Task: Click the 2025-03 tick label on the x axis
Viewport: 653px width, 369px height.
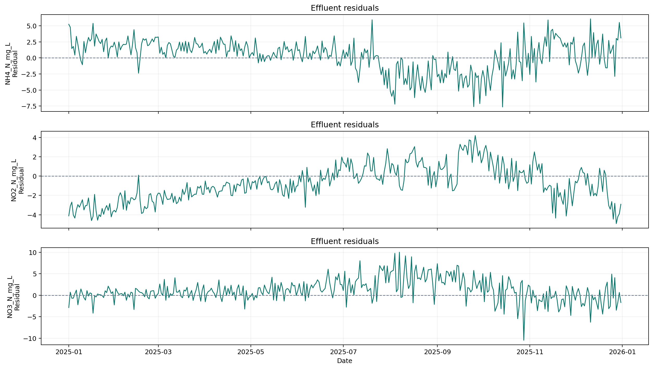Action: pos(158,352)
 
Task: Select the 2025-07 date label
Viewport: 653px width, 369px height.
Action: pos(343,352)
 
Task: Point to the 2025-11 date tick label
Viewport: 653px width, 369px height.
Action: pos(530,352)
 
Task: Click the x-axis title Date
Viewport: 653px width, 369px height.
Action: pos(344,361)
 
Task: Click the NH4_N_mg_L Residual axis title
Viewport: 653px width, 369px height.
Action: pos(11,64)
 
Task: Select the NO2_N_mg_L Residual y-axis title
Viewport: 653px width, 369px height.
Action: pos(17,180)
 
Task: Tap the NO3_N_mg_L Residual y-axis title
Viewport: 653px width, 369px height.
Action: pos(13,297)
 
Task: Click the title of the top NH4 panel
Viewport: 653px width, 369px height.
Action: pos(344,8)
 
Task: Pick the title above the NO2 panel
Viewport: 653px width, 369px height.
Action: pos(344,125)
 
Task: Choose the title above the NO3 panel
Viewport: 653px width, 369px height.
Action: pos(344,241)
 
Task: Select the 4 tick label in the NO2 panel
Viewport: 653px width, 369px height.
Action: pos(34,137)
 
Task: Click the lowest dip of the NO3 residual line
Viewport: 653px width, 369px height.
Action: pos(524,340)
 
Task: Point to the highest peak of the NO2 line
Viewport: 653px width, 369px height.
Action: pos(475,135)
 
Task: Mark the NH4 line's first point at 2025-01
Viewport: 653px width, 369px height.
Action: pos(69,24)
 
